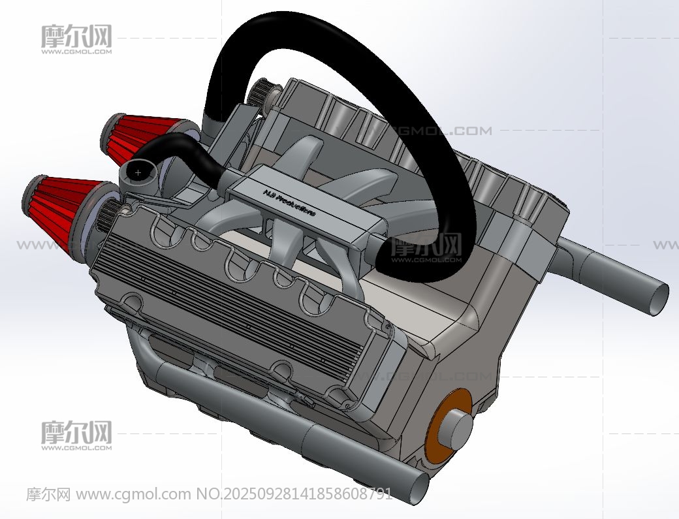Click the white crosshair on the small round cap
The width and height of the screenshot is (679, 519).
pos(138,172)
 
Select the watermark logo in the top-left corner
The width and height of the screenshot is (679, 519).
pos(76,39)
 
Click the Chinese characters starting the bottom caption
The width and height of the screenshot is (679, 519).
pos(48,494)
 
